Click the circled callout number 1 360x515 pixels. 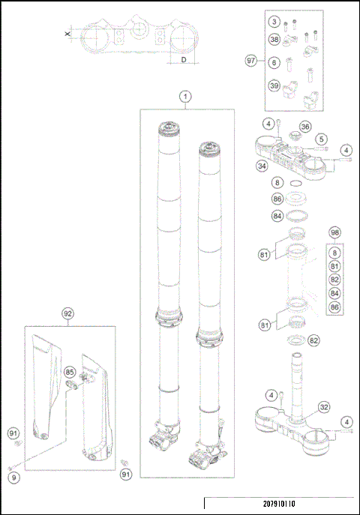(x=185, y=96)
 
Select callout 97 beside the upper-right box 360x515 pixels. (x=252, y=59)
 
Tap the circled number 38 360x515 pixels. (x=274, y=23)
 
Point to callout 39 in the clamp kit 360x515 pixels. (x=274, y=86)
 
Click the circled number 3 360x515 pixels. (x=274, y=23)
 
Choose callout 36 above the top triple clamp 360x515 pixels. (x=305, y=126)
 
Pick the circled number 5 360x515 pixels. (x=319, y=139)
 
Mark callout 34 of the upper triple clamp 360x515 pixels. (x=262, y=166)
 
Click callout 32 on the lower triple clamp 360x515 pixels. (x=324, y=408)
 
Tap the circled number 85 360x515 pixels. (x=70, y=371)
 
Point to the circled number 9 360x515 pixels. (x=13, y=475)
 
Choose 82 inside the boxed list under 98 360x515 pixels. (x=334, y=279)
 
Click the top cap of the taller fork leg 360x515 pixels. (x=169, y=126)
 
